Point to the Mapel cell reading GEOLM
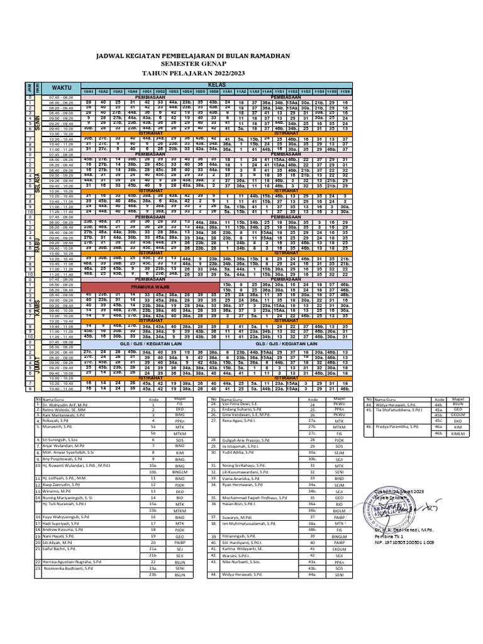point(457,433)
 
